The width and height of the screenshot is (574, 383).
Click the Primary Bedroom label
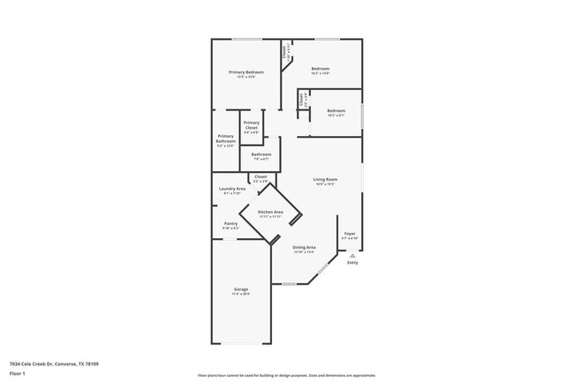point(246,72)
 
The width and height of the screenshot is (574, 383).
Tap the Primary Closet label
point(252,125)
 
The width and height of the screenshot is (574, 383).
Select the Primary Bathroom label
point(225,139)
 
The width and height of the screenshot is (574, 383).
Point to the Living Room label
point(325,180)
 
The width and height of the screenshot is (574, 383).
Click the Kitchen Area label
point(270,213)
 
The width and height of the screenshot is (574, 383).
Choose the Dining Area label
point(305,248)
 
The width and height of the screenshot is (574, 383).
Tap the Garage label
point(240,290)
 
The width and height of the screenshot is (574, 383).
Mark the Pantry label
point(230,224)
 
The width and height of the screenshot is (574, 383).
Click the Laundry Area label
point(232,189)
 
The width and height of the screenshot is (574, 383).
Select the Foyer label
point(350,234)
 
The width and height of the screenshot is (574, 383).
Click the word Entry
point(352,263)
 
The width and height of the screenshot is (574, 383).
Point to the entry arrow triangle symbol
point(352,255)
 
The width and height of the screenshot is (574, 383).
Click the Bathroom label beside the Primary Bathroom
point(261,154)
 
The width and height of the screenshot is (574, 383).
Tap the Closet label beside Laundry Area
point(261,177)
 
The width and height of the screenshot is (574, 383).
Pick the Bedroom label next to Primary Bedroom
point(320,69)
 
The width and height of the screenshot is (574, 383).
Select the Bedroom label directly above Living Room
point(336,111)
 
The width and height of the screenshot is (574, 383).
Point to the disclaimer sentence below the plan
point(287,374)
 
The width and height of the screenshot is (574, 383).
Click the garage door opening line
point(241,344)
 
